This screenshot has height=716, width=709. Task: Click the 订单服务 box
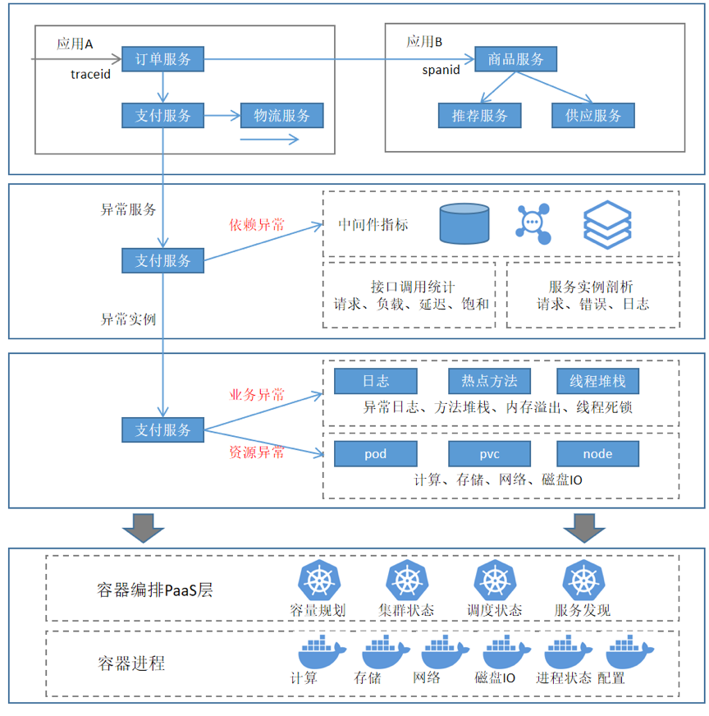click(162, 59)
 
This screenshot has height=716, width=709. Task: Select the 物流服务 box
click(281, 116)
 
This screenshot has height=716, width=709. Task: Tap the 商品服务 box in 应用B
click(515, 59)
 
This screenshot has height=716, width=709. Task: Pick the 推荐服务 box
click(479, 116)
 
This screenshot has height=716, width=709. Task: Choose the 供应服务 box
click(592, 116)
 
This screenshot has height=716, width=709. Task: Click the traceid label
click(90, 75)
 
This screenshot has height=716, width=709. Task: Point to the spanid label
click(441, 70)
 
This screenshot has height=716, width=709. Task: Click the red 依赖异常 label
click(257, 224)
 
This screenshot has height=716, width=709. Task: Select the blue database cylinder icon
click(464, 224)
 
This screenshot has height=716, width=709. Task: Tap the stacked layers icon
click(607, 224)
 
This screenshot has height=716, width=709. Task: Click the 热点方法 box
click(489, 381)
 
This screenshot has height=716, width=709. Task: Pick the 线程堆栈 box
click(597, 381)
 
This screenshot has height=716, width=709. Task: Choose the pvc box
click(489, 453)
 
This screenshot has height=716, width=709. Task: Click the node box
click(597, 453)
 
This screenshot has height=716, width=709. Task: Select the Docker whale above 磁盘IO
click(506, 653)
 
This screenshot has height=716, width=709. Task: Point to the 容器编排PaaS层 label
click(154, 590)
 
